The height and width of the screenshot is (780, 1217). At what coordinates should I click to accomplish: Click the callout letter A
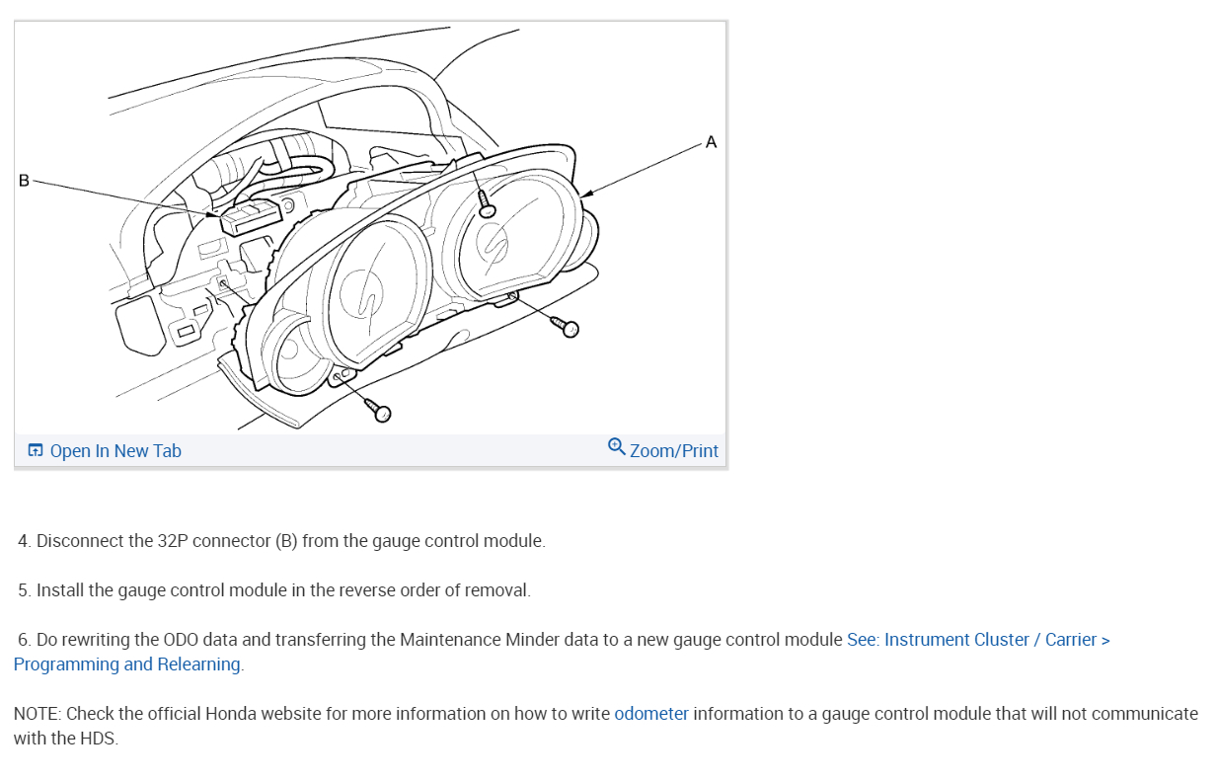(711, 142)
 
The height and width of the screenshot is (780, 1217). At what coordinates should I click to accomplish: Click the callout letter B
(24, 180)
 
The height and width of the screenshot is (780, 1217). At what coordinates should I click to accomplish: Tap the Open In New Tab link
(115, 451)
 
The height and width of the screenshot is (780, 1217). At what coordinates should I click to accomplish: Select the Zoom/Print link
(674, 451)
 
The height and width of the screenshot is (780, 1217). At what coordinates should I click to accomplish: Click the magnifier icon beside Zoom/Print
(617, 447)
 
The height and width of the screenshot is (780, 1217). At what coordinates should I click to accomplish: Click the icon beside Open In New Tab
(36, 451)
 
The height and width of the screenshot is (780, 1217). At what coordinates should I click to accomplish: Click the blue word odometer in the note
(651, 714)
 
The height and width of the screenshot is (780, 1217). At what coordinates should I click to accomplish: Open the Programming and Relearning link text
(127, 664)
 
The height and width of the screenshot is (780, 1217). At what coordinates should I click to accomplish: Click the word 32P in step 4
(172, 541)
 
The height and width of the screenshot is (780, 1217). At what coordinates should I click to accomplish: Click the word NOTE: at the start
(38, 714)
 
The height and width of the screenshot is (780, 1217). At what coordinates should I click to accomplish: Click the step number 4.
(24, 541)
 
